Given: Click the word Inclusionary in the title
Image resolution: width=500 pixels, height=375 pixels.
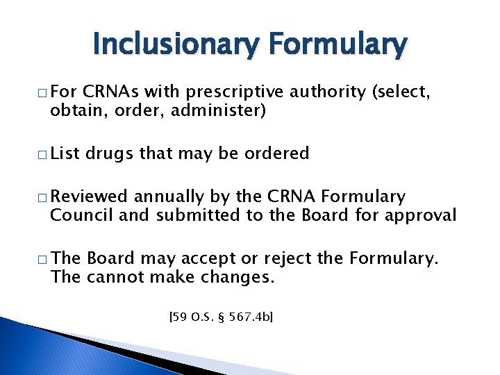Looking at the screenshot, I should point(175,45).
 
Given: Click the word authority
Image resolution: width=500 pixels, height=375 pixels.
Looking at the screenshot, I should point(327,91).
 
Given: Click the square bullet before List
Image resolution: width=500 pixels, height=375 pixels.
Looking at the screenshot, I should point(42,154).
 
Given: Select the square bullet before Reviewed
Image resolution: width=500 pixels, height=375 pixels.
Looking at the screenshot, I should point(42,198).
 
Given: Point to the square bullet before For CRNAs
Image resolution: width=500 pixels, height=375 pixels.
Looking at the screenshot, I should point(42,92).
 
